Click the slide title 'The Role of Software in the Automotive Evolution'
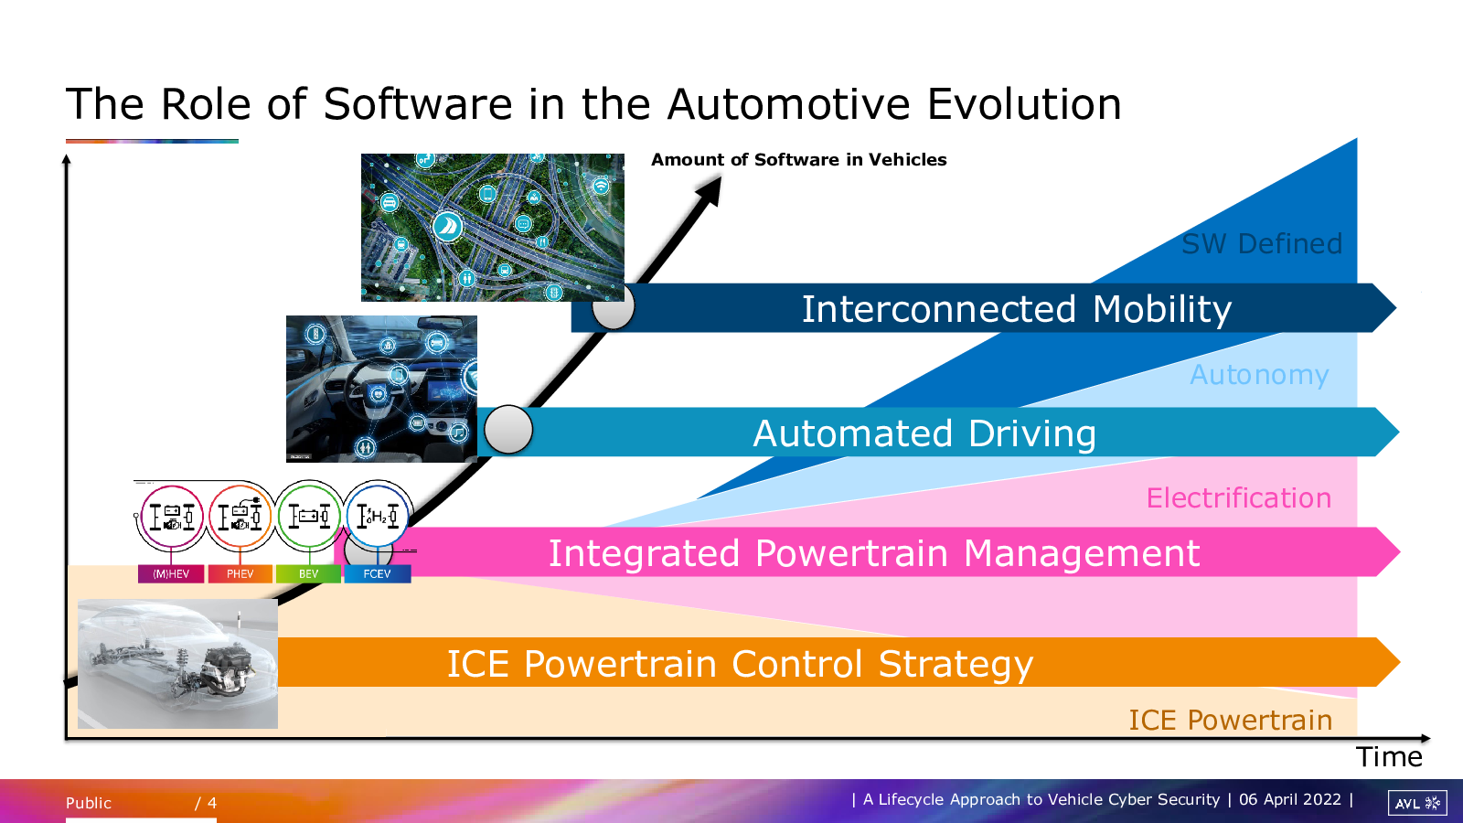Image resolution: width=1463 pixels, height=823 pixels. (x=593, y=104)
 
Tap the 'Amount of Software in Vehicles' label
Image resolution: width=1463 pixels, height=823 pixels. (x=799, y=160)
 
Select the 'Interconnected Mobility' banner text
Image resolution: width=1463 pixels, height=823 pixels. (x=1016, y=309)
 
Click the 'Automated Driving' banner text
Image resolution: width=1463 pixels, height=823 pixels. (x=924, y=433)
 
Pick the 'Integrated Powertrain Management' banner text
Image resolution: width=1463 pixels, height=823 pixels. (x=874, y=553)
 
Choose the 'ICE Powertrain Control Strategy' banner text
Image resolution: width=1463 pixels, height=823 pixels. (x=740, y=664)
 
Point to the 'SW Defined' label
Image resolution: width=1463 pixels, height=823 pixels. (x=1262, y=243)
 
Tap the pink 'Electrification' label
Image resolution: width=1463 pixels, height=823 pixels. (x=1239, y=498)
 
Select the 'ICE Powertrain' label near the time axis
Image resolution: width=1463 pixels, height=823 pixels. (x=1231, y=721)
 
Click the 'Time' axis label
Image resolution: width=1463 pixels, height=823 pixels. (x=1389, y=757)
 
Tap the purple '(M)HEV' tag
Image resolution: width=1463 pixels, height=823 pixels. (x=171, y=574)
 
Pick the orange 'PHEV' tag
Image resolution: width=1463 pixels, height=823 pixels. (x=240, y=574)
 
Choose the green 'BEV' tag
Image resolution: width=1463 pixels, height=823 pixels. (x=308, y=574)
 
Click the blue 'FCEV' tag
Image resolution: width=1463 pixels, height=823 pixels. (x=377, y=574)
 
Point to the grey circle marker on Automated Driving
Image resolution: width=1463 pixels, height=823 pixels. (x=508, y=430)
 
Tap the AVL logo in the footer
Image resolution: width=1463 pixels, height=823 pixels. (x=1417, y=803)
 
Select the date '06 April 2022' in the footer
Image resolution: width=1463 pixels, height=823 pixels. (x=1290, y=799)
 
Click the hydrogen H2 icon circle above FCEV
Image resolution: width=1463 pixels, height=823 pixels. (x=377, y=516)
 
